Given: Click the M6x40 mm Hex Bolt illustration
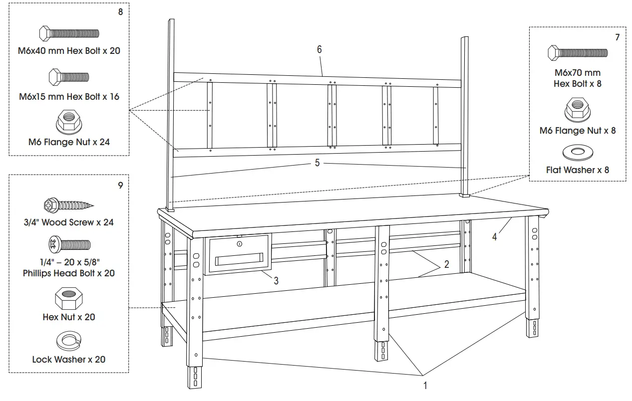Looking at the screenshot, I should [69, 33].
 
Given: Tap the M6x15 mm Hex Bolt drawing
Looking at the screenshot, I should [69, 77].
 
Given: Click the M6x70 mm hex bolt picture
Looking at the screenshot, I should [578, 52].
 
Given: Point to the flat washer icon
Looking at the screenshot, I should [578, 151].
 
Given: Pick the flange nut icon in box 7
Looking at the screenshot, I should [578, 108].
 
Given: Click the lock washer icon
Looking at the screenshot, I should [68, 342].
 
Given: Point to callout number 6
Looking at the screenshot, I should [319, 49].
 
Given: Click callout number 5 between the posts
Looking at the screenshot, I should [317, 163].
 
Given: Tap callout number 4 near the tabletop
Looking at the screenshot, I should [495, 237].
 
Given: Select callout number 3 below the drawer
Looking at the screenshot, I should [276, 281].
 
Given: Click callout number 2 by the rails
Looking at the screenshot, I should [447, 264].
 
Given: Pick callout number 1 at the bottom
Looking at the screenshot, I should [425, 385].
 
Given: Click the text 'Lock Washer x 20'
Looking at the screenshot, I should [69, 359].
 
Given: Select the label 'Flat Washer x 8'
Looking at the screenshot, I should [578, 170].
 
